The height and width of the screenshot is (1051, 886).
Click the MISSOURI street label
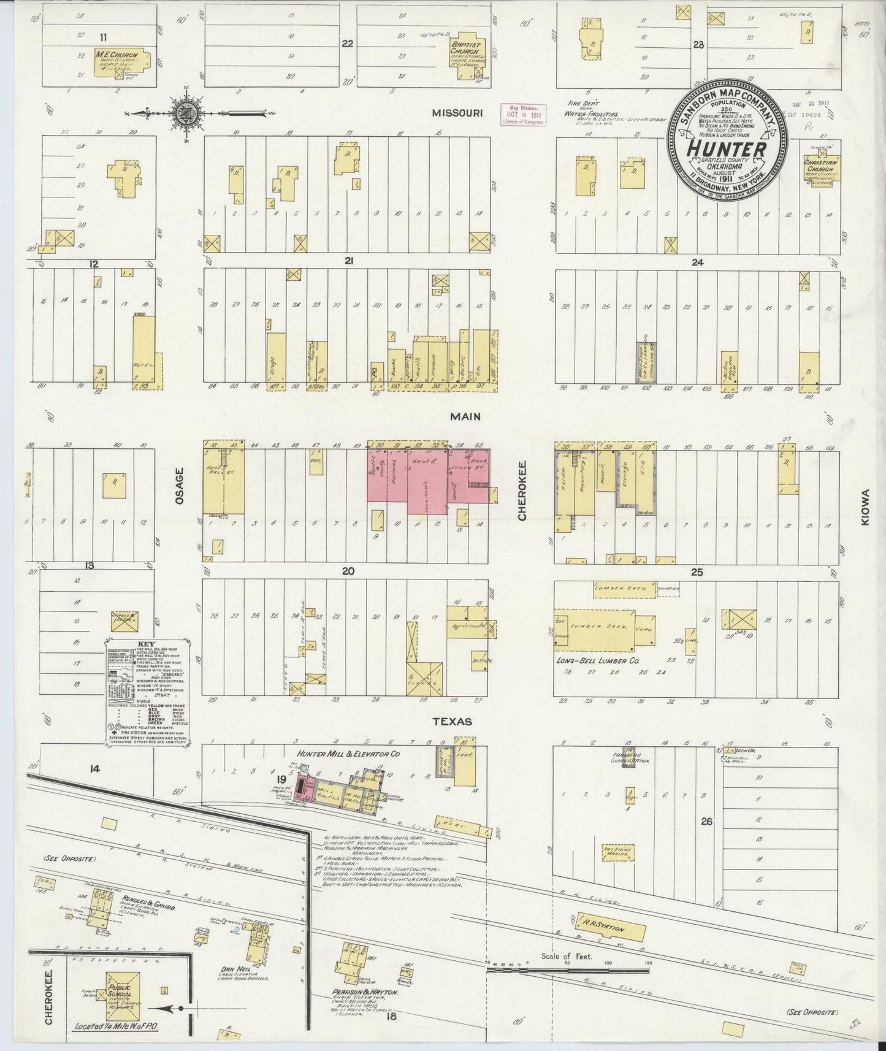coord(458,113)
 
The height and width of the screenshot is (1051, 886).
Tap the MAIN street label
coord(465,416)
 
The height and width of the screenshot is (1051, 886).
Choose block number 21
coord(348,261)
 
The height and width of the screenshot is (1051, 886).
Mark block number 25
coord(697,572)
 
